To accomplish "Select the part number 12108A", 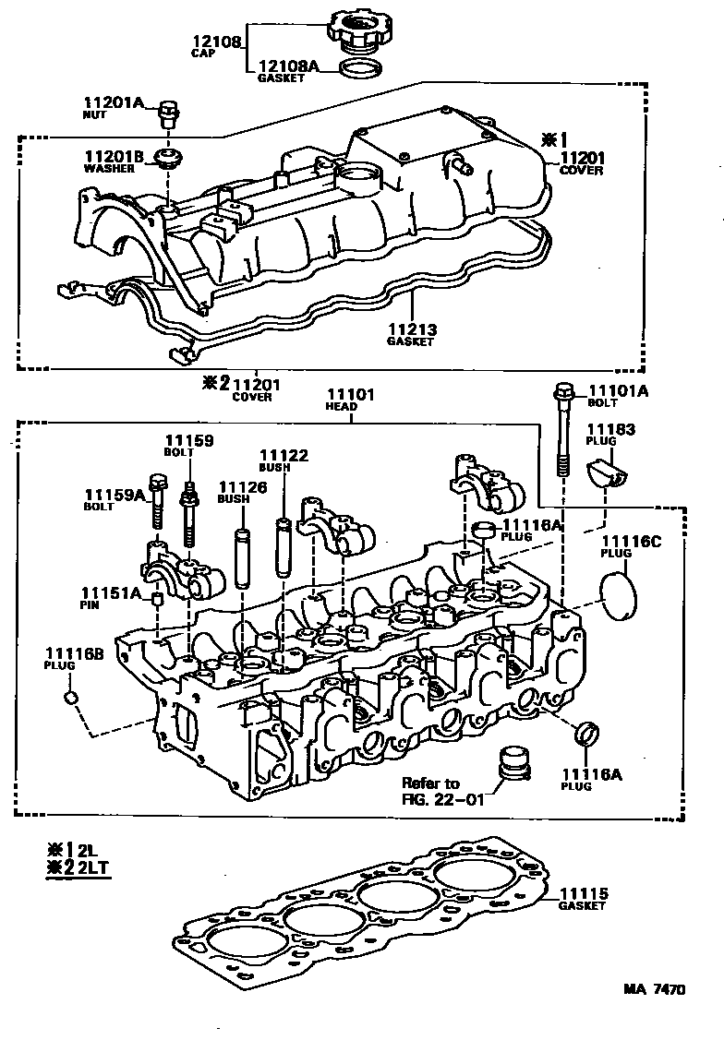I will (285, 66).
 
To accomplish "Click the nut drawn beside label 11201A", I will (168, 114).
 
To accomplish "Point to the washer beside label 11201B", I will (168, 157).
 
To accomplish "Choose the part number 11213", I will (410, 329).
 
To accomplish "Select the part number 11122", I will (284, 456).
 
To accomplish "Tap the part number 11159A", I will (115, 495).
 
